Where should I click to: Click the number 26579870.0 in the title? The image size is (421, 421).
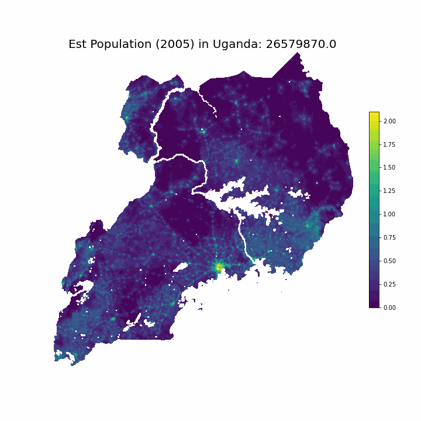pyautogui.click(x=301, y=44)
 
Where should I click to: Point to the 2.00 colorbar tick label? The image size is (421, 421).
pyautogui.click(x=389, y=121)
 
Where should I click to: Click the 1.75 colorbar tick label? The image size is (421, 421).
pyautogui.click(x=389, y=144)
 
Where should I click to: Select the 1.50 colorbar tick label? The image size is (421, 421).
pyautogui.click(x=389, y=168)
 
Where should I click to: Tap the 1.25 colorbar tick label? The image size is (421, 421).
pyautogui.click(x=389, y=191)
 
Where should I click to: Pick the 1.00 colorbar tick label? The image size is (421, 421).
pyautogui.click(x=389, y=215)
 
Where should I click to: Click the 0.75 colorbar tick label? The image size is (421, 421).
pyautogui.click(x=389, y=237)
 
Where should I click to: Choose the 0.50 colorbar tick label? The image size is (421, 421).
pyautogui.click(x=389, y=261)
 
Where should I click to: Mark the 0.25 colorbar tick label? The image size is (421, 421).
pyautogui.click(x=389, y=284)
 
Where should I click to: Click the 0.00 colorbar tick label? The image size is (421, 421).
pyautogui.click(x=389, y=308)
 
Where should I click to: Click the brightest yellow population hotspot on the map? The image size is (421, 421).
pyautogui.click(x=219, y=267)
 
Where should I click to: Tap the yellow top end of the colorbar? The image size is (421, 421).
pyautogui.click(x=374, y=115)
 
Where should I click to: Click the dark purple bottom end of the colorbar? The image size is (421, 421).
pyautogui.click(x=374, y=304)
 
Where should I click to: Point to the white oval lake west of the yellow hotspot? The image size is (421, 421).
pyautogui.click(x=181, y=267)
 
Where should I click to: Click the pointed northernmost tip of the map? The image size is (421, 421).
pyautogui.click(x=298, y=53)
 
